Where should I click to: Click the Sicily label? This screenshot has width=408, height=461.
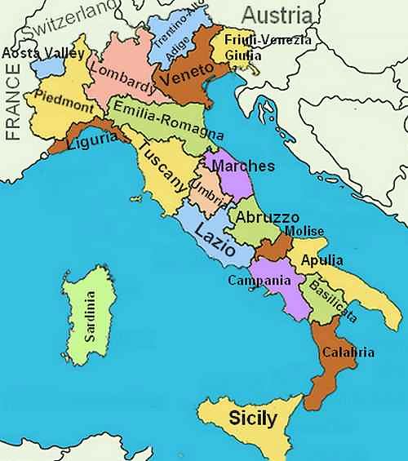[252, 419]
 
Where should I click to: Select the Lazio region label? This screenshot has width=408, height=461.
[215, 239]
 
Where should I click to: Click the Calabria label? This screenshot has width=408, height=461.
[348, 352]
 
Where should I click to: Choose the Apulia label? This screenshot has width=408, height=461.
[322, 260]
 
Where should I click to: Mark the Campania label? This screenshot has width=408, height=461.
[259, 281]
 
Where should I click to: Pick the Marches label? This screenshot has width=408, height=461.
[243, 166]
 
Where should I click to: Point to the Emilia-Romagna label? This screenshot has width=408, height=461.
[169, 122]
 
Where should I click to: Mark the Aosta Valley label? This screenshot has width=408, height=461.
[43, 53]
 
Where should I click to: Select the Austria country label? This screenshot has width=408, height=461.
[277, 15]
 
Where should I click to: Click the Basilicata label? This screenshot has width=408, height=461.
[330, 299]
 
